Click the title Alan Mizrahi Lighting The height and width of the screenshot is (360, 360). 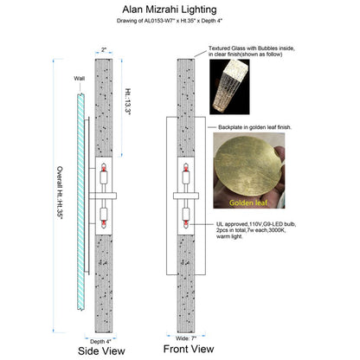tap(170, 10)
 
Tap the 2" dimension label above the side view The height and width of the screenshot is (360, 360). tap(104, 49)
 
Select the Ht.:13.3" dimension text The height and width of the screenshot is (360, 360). tap(128, 102)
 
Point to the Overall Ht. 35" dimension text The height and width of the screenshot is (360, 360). tap(60, 192)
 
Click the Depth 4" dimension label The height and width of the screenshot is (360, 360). tap(100, 342)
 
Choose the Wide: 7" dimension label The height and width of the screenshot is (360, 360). tap(186, 338)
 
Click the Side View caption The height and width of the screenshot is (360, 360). tap(101, 351)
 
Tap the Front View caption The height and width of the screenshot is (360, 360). tap(189, 349)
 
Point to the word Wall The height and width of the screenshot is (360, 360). tap(80, 79)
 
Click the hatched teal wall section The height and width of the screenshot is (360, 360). tap(80, 202)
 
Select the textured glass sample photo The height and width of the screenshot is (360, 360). tap(229, 87)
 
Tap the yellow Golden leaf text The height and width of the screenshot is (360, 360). tap(248, 202)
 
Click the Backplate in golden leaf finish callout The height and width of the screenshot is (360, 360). tap(254, 127)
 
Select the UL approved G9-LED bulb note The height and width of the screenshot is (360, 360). tap(256, 230)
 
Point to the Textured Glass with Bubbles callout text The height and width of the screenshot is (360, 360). tap(252, 51)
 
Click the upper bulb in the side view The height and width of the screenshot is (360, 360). tap(104, 175)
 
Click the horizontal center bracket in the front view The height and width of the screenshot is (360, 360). tap(186, 196)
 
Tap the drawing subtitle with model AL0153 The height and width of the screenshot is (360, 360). tap(170, 21)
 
